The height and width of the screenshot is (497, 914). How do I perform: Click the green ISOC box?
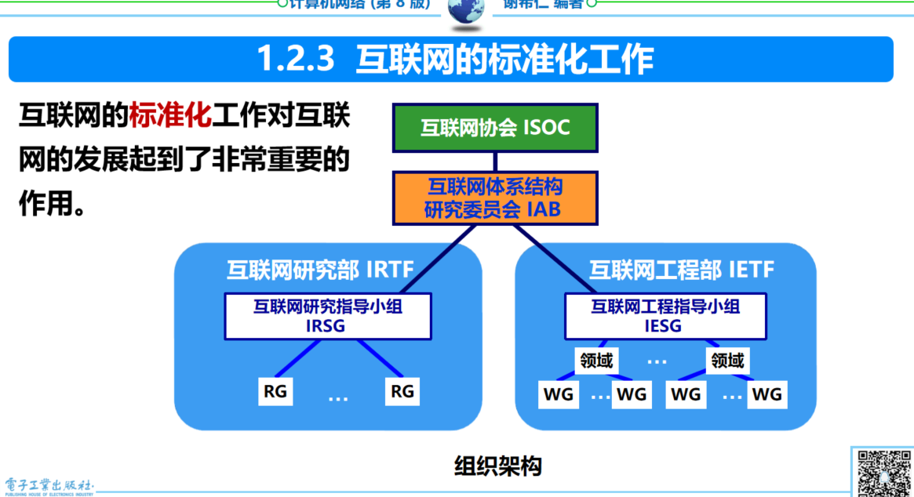click(x=494, y=128)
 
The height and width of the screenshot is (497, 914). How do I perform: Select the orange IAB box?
click(x=494, y=198)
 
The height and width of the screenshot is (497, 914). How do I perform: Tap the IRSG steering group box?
click(x=327, y=316)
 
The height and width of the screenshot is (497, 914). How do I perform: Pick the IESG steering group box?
click(x=665, y=316)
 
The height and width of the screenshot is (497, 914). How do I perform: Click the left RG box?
click(x=275, y=390)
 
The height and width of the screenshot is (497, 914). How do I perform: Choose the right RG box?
click(x=402, y=390)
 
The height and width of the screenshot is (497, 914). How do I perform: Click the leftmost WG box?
click(x=558, y=394)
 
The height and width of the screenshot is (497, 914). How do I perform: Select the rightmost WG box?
click(x=767, y=394)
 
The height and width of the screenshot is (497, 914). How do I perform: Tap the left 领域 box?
click(x=596, y=361)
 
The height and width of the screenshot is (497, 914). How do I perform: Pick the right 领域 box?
click(x=726, y=361)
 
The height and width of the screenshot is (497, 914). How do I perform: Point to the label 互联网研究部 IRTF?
click(x=320, y=271)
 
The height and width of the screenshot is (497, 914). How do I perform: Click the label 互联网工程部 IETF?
click(x=681, y=271)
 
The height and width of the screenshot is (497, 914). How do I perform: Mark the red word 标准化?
click(x=170, y=115)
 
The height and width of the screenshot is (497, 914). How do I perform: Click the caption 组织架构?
click(x=498, y=466)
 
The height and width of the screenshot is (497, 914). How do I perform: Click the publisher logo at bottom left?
click(x=49, y=486)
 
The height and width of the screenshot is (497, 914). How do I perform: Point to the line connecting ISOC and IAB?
click(x=495, y=161)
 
